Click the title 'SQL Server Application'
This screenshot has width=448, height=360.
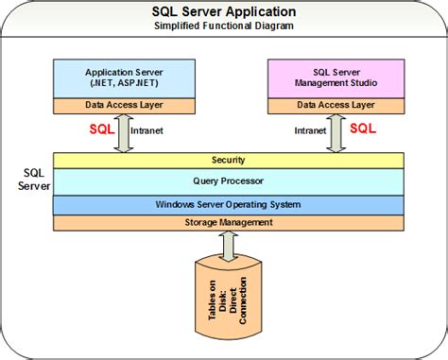coord(224,12)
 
